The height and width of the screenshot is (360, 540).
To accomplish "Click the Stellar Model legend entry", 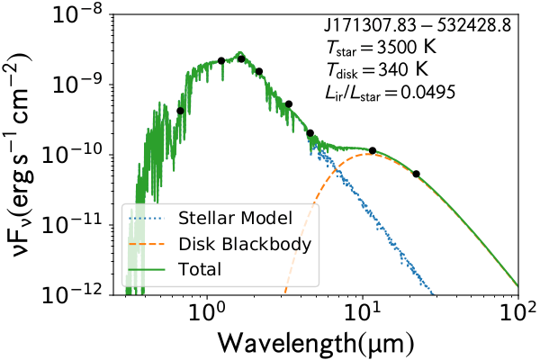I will click(231, 219).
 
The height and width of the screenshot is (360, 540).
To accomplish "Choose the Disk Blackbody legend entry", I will click(244, 243).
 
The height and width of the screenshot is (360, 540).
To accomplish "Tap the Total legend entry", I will click(199, 268).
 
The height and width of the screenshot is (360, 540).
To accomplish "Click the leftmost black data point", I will click(180, 111).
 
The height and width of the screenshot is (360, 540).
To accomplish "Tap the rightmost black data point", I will click(416, 174).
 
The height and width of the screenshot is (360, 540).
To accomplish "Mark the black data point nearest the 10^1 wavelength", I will click(373, 150).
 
